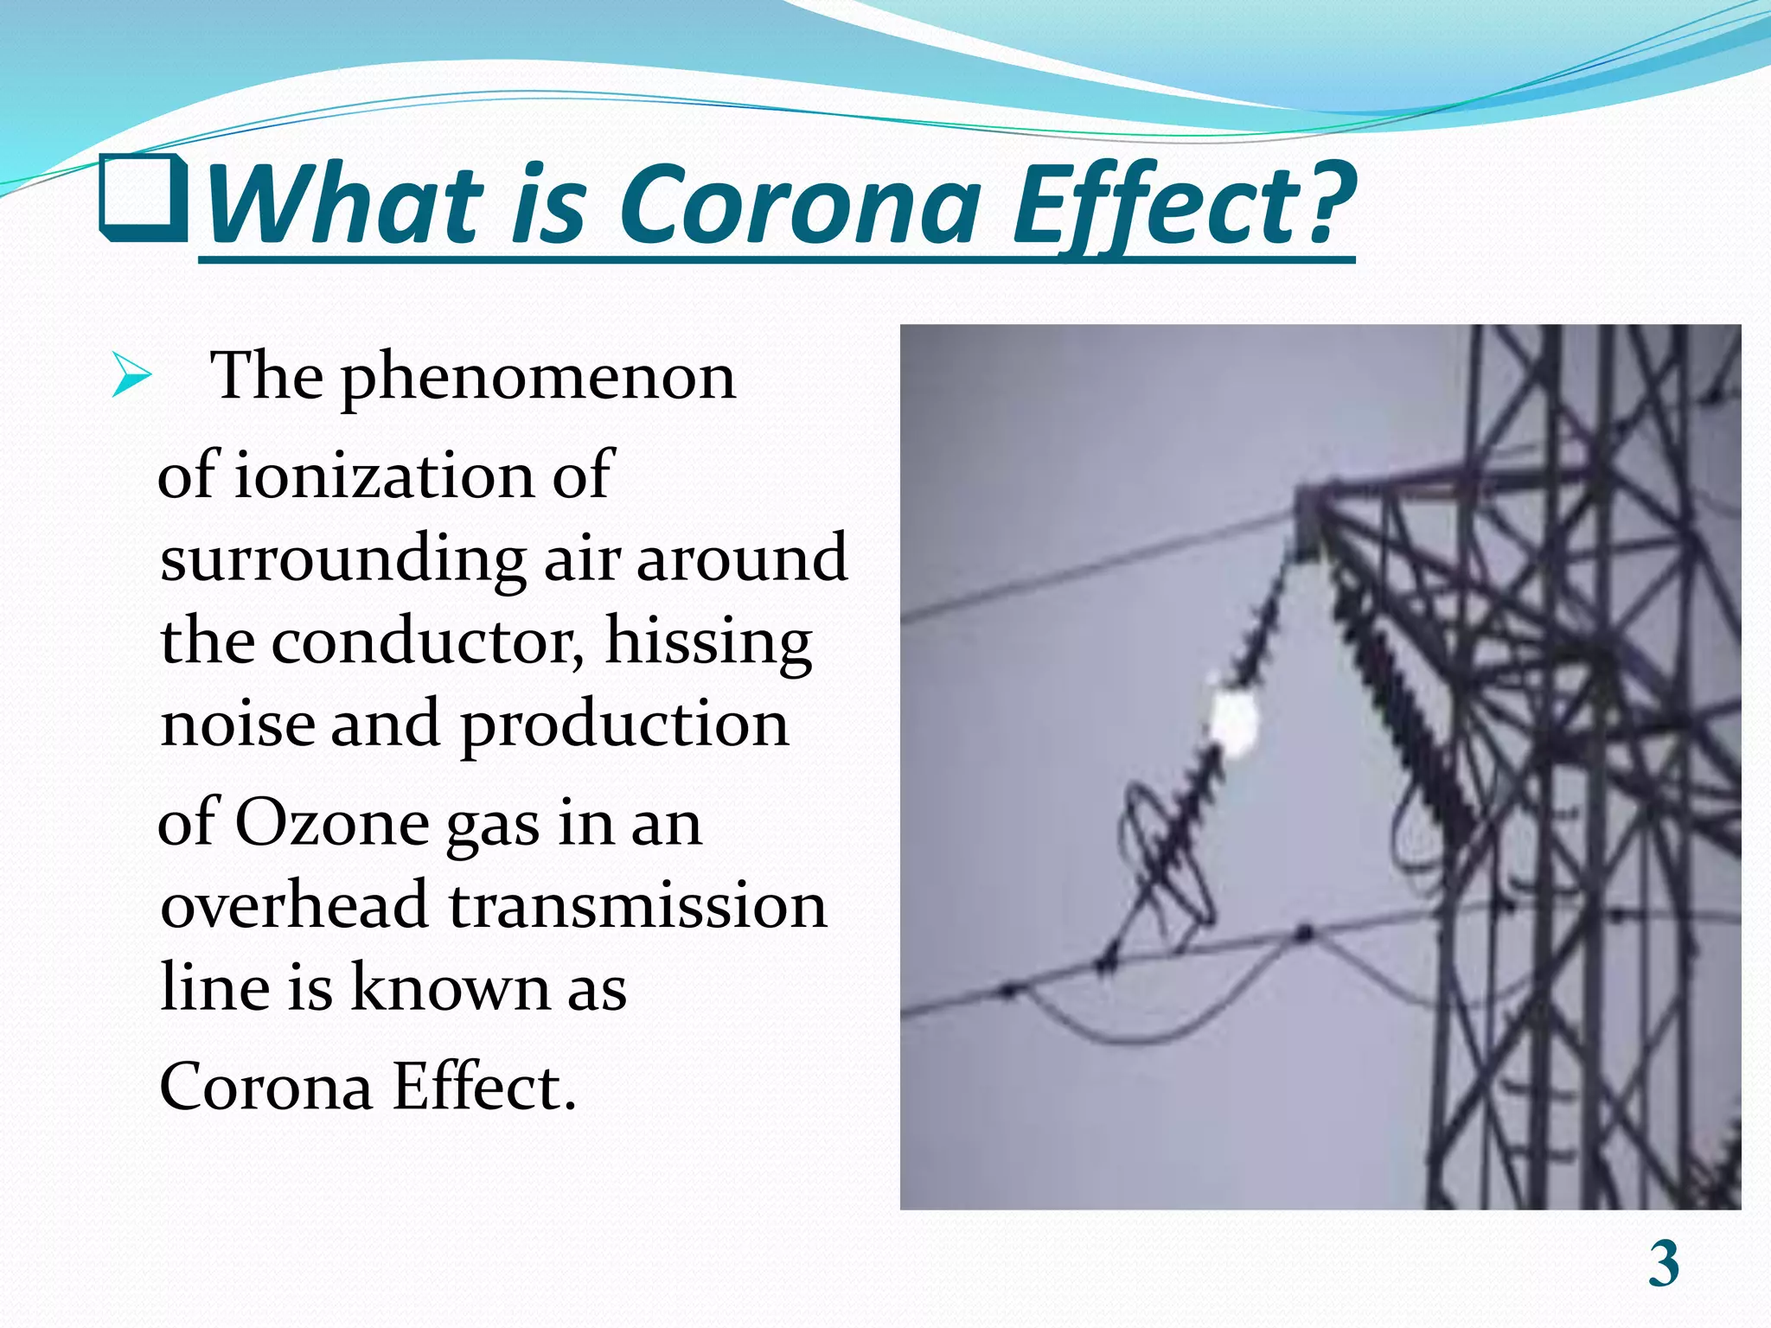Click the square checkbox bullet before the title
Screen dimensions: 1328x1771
click(x=144, y=199)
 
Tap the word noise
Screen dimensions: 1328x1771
click(x=238, y=724)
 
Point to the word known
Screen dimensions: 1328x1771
click(x=450, y=987)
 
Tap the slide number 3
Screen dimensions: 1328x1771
click(x=1663, y=1264)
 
